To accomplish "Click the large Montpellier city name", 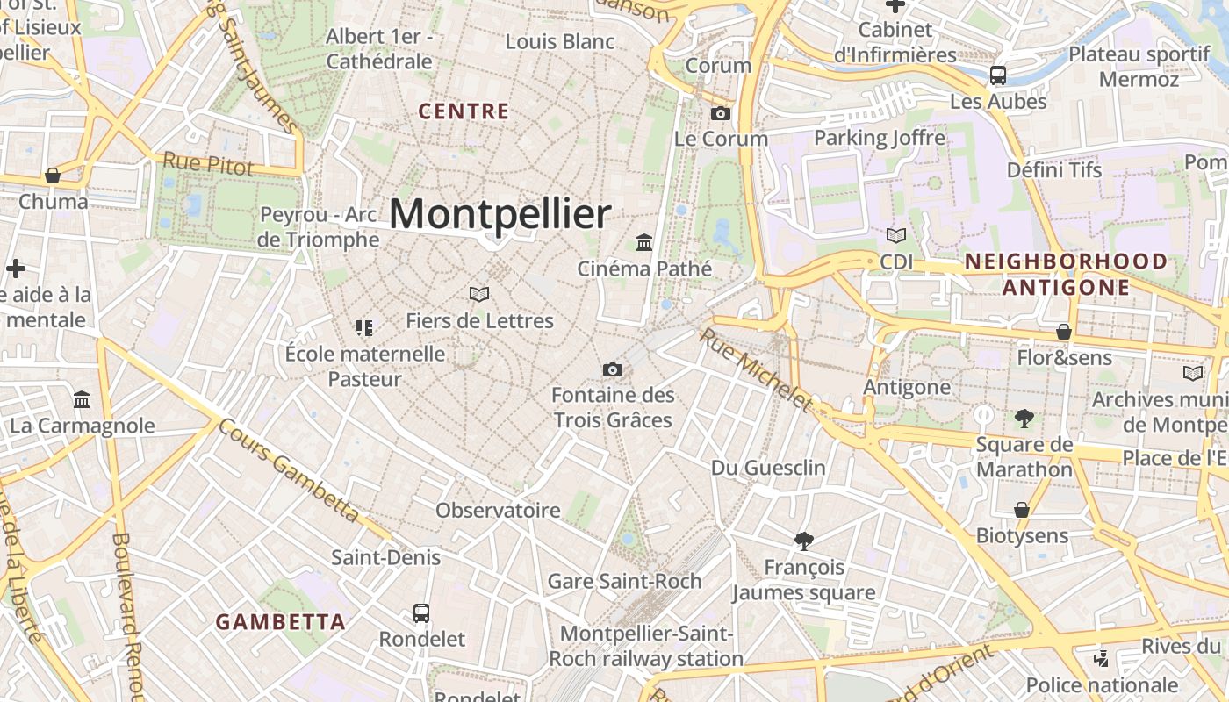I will tap(500, 214).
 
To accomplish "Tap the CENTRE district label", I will tap(464, 111).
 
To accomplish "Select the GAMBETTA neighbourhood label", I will tap(281, 622).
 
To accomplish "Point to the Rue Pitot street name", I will tap(208, 163).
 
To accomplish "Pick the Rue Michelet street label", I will tap(756, 369).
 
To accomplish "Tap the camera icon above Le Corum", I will tap(720, 113).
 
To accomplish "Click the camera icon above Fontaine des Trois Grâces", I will tap(613, 369).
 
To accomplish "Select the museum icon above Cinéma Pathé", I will tap(644, 242).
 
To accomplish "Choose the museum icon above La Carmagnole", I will tap(82, 399).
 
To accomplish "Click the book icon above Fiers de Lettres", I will tap(478, 294).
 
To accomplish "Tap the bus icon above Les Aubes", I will tap(998, 75).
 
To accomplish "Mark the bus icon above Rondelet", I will tap(421, 612).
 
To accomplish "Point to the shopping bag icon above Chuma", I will tap(53, 175).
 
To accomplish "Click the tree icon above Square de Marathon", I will tap(1024, 418).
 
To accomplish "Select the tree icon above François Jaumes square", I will tap(802, 541).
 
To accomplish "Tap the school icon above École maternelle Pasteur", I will tap(364, 328).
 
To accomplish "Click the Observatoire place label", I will tap(498, 511).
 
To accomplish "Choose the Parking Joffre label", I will tap(880, 138).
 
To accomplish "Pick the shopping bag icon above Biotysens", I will tap(1022, 510).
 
